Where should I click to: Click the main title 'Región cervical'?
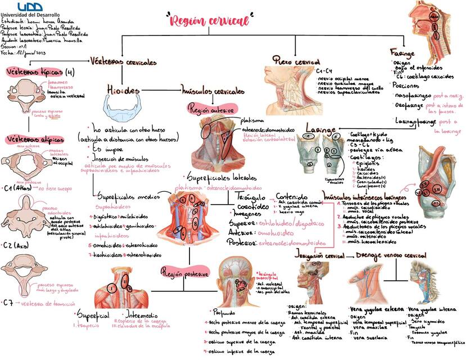tap(209, 21)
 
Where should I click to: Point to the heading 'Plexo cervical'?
tap(296, 61)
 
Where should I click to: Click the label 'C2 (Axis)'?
tap(15, 245)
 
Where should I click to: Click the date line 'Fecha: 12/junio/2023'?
tap(24, 52)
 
